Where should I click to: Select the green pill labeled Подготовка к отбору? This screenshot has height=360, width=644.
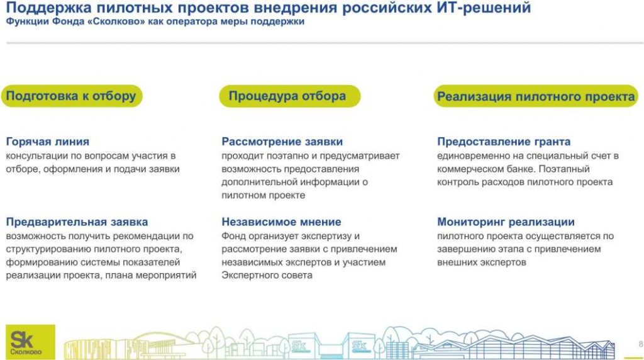point(71,96)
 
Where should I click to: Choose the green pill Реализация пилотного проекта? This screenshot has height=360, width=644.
point(536,97)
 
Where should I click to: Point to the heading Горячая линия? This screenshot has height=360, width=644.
point(48,142)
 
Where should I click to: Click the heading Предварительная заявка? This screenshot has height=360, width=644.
point(77,222)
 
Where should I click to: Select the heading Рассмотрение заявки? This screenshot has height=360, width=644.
point(282,142)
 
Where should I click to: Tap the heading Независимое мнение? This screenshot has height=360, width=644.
point(281,222)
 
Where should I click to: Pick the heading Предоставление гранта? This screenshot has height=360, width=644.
point(504,142)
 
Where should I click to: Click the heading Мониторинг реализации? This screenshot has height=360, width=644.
point(506,222)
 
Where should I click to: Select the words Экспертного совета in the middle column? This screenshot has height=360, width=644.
point(267,276)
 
